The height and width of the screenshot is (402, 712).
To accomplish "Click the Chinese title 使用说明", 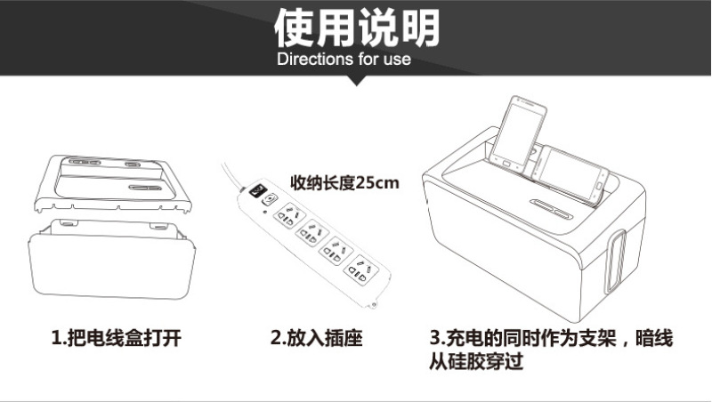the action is (x=357, y=28).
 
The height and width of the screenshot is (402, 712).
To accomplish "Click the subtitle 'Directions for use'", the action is (x=344, y=59).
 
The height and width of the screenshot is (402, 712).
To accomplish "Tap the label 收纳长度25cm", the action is (x=344, y=183).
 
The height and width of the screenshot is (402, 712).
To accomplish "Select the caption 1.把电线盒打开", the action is (x=117, y=339).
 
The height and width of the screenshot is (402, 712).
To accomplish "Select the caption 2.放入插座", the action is (x=317, y=339).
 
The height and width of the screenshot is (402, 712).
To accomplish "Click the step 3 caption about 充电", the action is (x=551, y=350).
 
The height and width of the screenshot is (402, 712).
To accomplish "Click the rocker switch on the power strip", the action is (x=257, y=191).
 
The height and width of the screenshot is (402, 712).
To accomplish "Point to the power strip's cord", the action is (x=231, y=177).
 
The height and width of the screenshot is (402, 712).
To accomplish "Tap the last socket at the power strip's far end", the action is (x=360, y=270).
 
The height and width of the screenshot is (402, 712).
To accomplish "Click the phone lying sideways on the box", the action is (x=570, y=173).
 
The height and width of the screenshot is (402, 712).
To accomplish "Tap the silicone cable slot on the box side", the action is (x=615, y=261).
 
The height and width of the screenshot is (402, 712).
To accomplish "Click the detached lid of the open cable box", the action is (x=113, y=184).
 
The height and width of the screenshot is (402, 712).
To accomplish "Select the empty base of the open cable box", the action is (x=112, y=259).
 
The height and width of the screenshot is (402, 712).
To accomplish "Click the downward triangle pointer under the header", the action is (x=357, y=81).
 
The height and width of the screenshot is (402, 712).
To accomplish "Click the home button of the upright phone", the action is (x=506, y=162).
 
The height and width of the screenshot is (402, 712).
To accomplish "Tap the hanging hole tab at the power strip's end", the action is (x=373, y=304).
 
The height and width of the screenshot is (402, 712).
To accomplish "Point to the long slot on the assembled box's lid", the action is (x=551, y=208).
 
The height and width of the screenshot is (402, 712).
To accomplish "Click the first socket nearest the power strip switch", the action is (x=289, y=215).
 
